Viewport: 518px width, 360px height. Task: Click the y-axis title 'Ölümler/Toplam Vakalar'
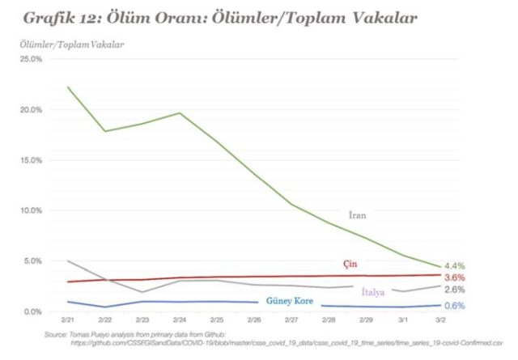click(71, 43)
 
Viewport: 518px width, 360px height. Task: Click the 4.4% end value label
click(455, 266)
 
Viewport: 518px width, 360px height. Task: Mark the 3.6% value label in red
click(455, 277)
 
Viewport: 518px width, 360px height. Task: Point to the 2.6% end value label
click(455, 289)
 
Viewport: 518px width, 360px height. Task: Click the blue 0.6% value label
click(455, 306)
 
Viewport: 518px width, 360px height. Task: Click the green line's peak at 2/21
click(69, 87)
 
